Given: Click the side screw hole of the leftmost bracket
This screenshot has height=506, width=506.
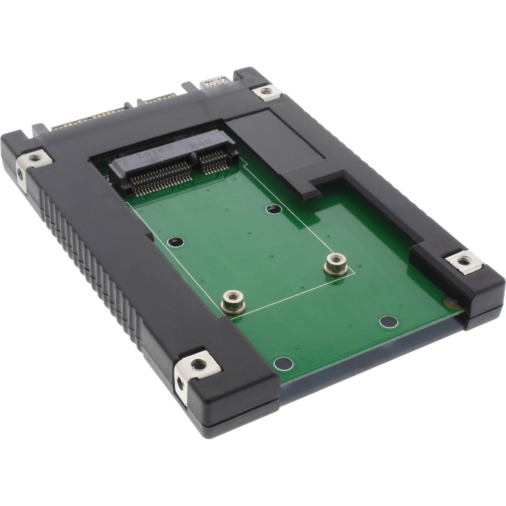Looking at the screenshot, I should pyautogui.click(x=20, y=172).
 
